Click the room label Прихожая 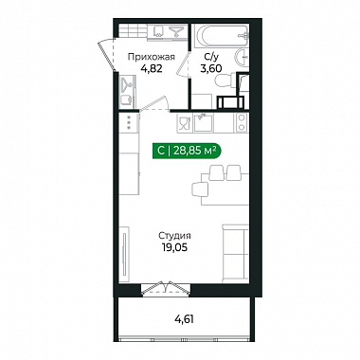(x=151, y=58)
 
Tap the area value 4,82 (x=151, y=68)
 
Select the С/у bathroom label (x=211, y=57)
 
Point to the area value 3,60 (x=211, y=68)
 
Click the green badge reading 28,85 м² (x=187, y=152)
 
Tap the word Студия (x=174, y=236)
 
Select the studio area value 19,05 (x=174, y=247)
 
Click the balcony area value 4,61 (x=184, y=319)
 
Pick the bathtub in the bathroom (x=221, y=36)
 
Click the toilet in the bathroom (x=225, y=81)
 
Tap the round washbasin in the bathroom (x=242, y=58)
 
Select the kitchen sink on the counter (x=203, y=123)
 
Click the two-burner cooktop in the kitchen (x=242, y=122)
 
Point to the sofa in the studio (x=235, y=253)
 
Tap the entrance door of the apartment (x=107, y=55)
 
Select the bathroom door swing (x=183, y=64)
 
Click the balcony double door (x=166, y=288)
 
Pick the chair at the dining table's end (x=200, y=189)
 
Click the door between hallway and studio (x=154, y=103)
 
